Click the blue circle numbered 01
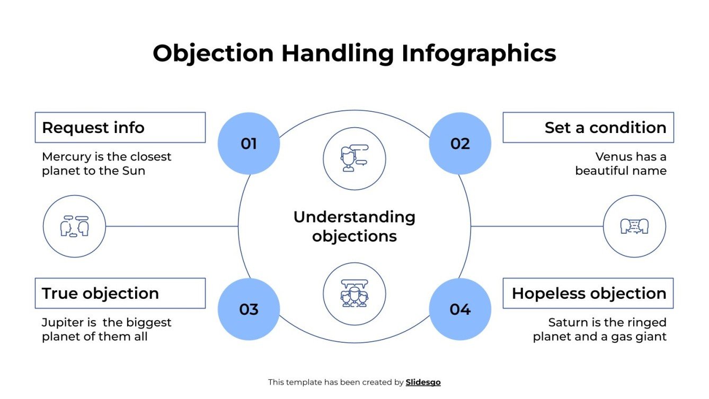point(249,144)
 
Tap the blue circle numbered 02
point(460,144)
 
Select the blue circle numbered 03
point(249,309)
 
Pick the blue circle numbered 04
point(460,309)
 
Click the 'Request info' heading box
point(120,128)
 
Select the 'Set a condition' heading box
point(588,128)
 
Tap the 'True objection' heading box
point(120,294)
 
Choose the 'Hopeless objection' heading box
point(588,294)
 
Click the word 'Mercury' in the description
point(65,157)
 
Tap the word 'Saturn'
point(568,323)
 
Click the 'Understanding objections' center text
point(354,226)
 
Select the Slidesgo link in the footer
point(423,382)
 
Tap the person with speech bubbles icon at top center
point(354,158)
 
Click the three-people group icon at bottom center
point(354,294)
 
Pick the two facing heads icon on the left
point(74,226)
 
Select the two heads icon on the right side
point(634,226)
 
